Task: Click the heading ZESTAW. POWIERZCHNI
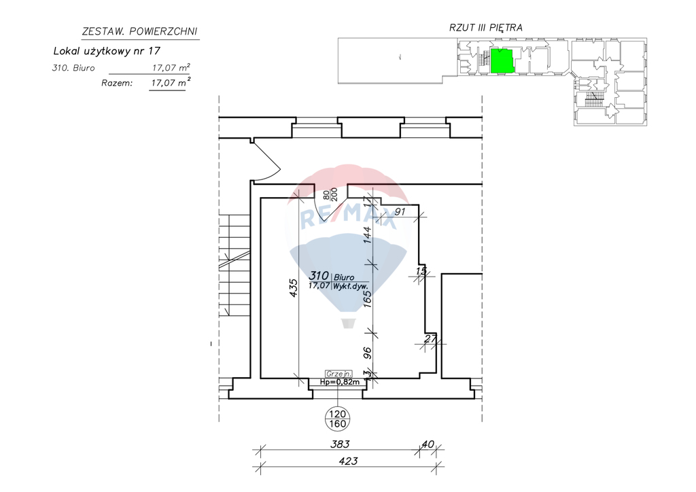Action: (139, 31)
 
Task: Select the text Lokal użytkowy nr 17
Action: (107, 51)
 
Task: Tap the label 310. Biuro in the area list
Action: (73, 68)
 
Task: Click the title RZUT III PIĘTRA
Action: (485, 27)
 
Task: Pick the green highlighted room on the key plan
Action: (502, 60)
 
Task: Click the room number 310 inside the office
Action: (319, 276)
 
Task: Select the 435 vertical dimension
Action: (293, 287)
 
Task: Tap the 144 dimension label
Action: (367, 234)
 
